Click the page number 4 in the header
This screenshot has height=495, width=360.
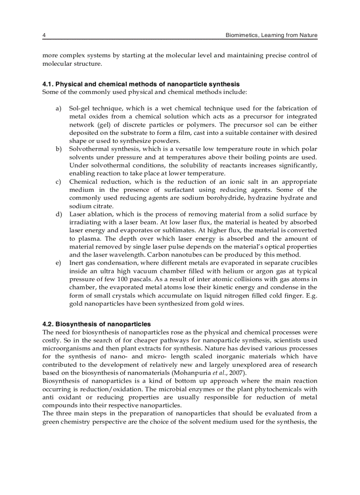[44, 35]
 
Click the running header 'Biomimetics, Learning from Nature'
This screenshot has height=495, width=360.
[271, 35]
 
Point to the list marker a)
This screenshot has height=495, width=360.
[58, 108]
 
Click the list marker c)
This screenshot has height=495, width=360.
[58, 182]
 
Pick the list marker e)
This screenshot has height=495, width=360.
[58, 263]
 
